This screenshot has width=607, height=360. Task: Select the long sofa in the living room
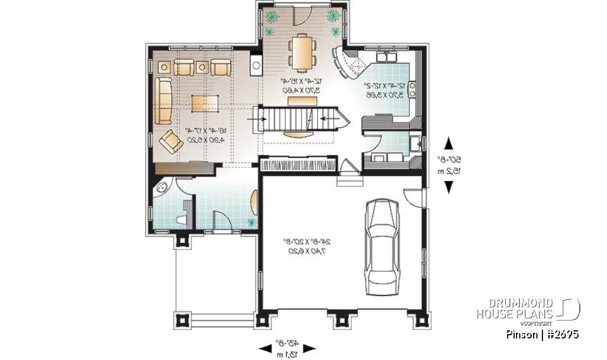(x=163, y=102)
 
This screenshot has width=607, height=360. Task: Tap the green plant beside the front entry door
(x=252, y=222)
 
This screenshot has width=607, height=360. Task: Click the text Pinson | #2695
(x=543, y=333)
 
